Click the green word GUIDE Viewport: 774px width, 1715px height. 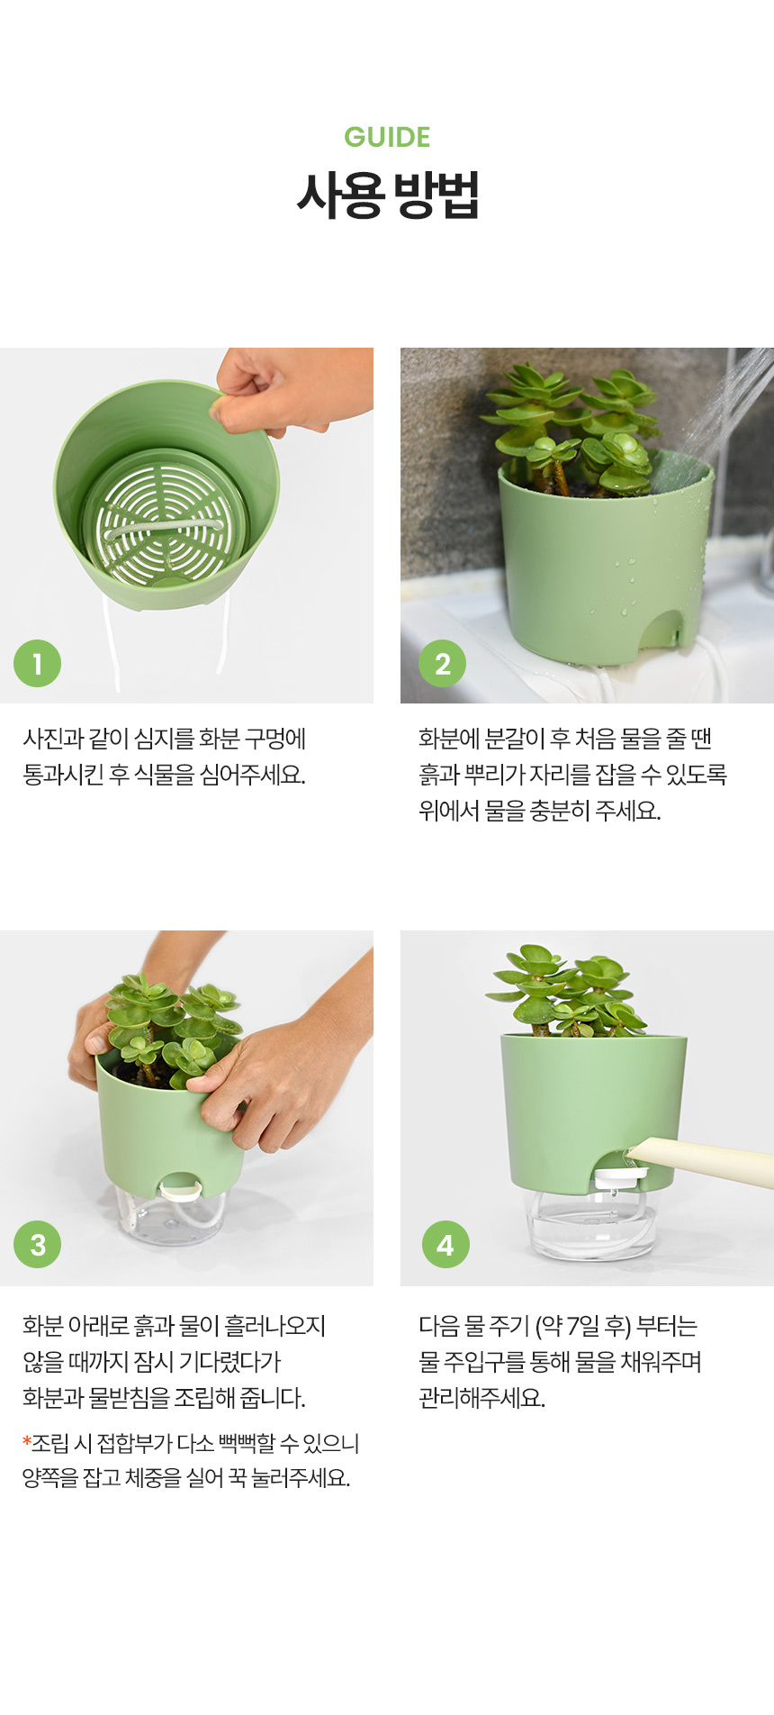(387, 137)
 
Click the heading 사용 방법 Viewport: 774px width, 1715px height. (387, 195)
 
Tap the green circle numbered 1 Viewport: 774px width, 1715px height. (37, 664)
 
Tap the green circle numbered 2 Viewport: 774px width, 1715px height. (442, 664)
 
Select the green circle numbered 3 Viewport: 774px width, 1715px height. (37, 1245)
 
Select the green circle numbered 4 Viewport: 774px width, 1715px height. (445, 1245)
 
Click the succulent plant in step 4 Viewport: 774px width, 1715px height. (565, 992)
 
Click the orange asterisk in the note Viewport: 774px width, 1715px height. (27, 1441)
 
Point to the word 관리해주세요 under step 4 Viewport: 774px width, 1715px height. (481, 1398)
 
